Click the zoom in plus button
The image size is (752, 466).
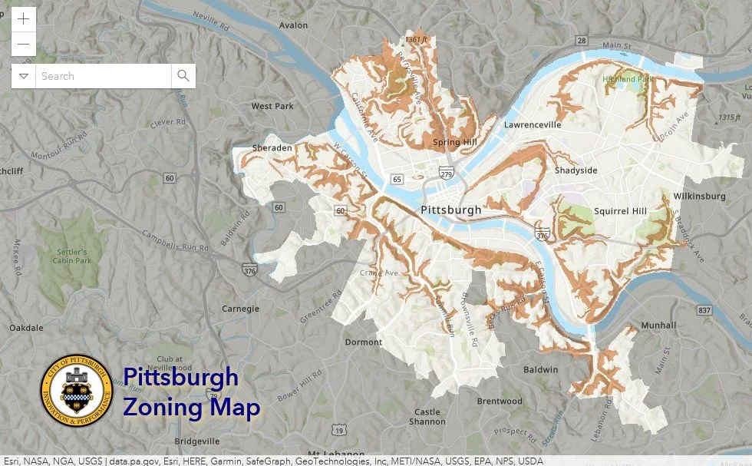[24, 19]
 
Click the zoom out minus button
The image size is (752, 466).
[24, 44]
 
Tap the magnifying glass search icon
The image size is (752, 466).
[183, 75]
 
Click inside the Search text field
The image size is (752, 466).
[104, 76]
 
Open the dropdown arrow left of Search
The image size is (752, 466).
[24, 76]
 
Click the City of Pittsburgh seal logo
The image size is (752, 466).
[76, 392]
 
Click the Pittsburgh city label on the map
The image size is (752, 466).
[451, 210]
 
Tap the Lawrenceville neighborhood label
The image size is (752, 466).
[533, 124]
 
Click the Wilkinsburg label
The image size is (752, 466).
[699, 197]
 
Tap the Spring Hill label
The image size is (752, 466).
[454, 142]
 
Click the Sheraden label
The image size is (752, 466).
[272, 148]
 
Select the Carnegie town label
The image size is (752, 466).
[241, 308]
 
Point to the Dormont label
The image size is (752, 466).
[363, 342]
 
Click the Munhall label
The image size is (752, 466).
[658, 326]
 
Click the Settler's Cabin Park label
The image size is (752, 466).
[75, 256]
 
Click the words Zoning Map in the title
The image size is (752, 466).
[191, 407]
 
